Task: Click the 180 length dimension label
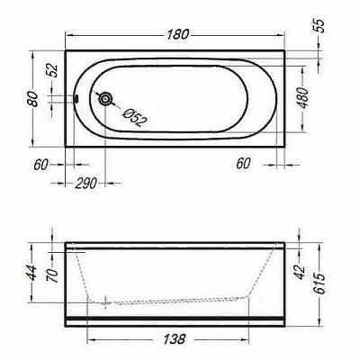178,34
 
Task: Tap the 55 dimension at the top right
320,26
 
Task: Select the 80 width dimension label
33,99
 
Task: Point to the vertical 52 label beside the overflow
53,70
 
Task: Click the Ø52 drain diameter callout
135,117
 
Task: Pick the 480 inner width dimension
303,98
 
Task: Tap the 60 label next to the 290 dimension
40,165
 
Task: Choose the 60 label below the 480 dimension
243,164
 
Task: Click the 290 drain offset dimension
85,183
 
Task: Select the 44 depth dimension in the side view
32,273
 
